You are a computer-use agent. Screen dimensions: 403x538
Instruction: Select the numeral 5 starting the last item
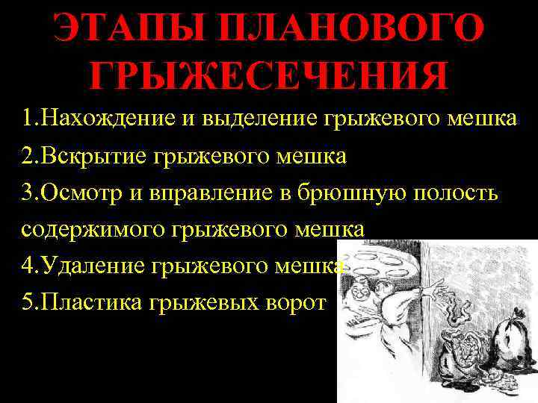(27, 303)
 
